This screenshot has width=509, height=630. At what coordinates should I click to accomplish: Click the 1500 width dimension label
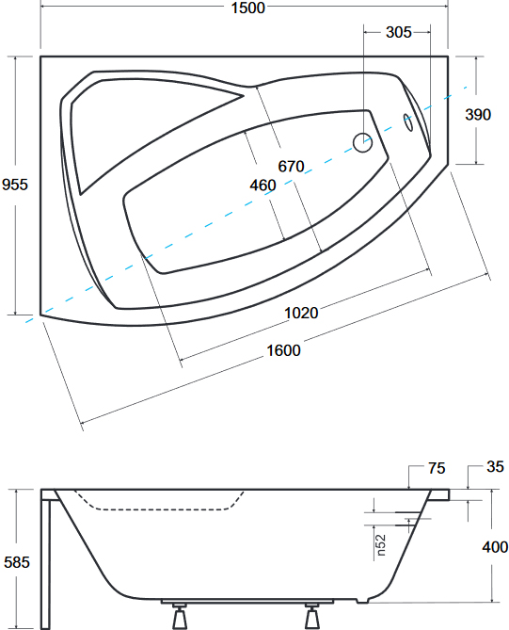click(x=248, y=8)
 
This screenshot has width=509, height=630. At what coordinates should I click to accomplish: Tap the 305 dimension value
click(x=399, y=32)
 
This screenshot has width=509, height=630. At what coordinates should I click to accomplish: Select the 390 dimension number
click(x=478, y=115)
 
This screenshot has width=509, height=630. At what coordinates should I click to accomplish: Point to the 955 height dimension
click(x=15, y=185)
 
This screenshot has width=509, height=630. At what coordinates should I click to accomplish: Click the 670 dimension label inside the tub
click(x=291, y=166)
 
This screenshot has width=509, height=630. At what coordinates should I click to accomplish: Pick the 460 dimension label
click(x=262, y=186)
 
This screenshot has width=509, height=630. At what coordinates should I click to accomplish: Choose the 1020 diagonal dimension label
click(x=301, y=313)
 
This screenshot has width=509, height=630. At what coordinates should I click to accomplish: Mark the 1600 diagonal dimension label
click(x=283, y=350)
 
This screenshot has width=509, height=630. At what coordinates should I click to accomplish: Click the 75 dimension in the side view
click(x=437, y=468)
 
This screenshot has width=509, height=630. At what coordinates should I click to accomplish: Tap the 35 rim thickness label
click(x=495, y=466)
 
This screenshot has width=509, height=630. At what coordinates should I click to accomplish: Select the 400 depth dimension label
click(x=495, y=547)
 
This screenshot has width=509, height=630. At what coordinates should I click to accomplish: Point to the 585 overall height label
click(x=17, y=562)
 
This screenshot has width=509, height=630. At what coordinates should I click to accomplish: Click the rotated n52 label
click(x=381, y=545)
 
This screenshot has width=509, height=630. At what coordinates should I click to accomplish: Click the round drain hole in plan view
click(x=362, y=142)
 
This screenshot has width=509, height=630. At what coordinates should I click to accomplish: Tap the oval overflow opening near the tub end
click(x=407, y=122)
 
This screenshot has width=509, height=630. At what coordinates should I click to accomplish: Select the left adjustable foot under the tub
click(x=179, y=616)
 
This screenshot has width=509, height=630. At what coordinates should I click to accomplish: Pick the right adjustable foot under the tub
click(x=311, y=616)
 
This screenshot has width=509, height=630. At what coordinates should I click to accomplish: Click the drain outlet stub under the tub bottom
click(x=362, y=600)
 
